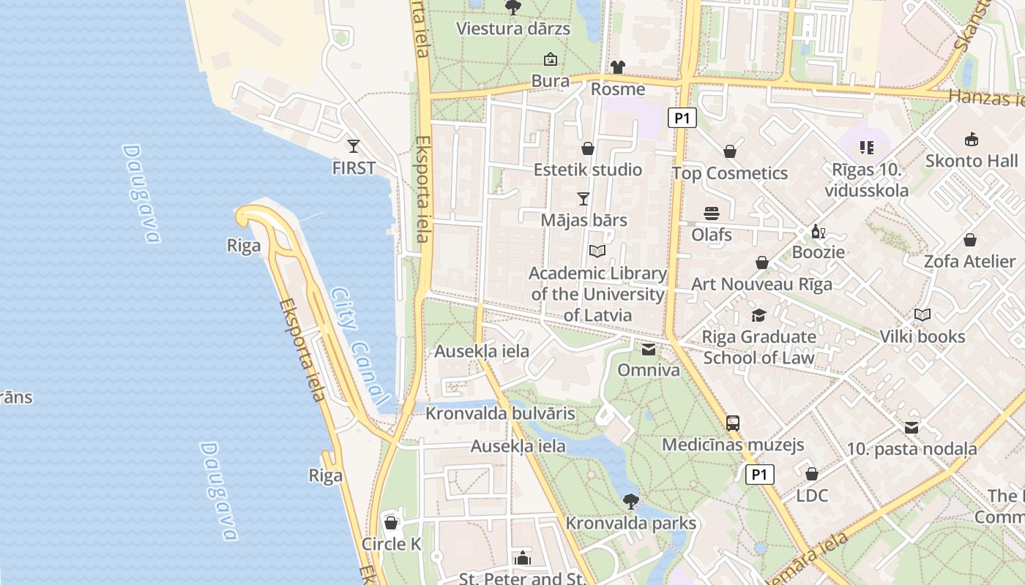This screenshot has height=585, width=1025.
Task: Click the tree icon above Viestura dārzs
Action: [x=512, y=7]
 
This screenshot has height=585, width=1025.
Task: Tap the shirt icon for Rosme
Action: [x=617, y=67]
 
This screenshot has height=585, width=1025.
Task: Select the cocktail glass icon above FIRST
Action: [x=354, y=146]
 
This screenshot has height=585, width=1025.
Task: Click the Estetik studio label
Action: [x=587, y=170]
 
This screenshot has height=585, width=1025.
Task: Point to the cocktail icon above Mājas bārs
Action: [x=584, y=198]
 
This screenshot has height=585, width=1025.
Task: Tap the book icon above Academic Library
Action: [x=597, y=251]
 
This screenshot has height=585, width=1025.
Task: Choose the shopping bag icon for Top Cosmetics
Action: [x=729, y=151]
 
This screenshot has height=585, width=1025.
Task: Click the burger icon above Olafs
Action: [x=712, y=213]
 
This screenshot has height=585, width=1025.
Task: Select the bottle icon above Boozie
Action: [x=818, y=231]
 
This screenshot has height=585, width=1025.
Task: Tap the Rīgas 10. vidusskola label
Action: [x=866, y=180]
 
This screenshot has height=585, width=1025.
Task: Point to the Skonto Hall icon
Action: [x=972, y=139]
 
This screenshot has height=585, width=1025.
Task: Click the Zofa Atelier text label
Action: [x=969, y=261]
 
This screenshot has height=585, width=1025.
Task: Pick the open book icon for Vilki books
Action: [x=922, y=315]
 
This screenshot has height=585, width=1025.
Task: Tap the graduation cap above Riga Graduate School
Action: [x=758, y=315]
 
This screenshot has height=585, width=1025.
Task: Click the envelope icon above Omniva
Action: [x=649, y=349]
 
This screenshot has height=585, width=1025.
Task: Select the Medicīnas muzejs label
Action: [x=733, y=445]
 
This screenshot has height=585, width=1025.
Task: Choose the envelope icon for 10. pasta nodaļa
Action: [x=912, y=427]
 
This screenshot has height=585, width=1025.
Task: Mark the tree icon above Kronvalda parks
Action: [x=630, y=502]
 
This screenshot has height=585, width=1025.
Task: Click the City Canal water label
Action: [x=358, y=347]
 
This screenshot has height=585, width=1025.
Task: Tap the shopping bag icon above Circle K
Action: [x=391, y=523]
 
